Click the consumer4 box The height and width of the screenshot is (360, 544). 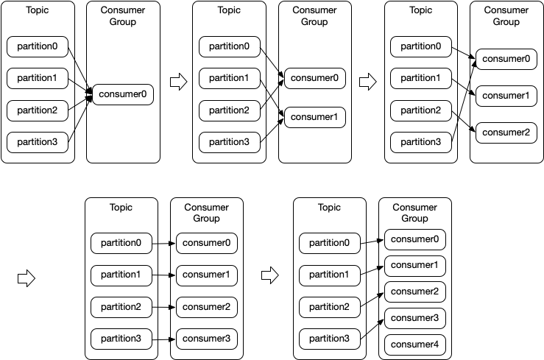pos(415,344)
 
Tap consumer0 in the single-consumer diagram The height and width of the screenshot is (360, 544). pos(123,94)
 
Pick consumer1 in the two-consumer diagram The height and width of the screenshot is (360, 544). pos(314,117)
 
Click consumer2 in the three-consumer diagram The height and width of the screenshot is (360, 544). pos(506,133)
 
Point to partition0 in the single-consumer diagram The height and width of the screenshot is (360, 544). pos(38,47)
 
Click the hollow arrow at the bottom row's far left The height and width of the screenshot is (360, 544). pos(26,278)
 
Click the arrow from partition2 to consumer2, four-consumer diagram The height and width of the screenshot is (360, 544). pos(164,307)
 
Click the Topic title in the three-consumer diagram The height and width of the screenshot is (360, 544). pos(420,10)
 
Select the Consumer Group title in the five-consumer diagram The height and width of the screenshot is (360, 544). pos(414,213)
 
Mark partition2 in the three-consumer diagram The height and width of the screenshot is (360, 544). pos(421,110)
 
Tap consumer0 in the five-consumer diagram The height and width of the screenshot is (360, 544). pos(415,239)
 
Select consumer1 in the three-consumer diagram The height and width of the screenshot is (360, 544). pos(506,95)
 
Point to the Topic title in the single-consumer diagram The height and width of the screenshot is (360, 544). pos(38,10)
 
